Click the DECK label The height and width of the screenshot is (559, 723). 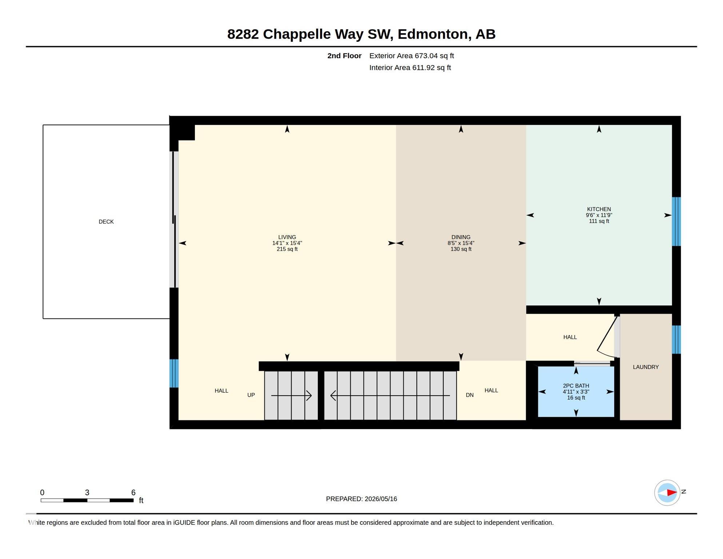106,222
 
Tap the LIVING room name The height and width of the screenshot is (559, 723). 287,237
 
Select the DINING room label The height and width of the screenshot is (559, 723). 461,237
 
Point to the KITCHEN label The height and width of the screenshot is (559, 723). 599,209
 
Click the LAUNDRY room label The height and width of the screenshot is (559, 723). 646,367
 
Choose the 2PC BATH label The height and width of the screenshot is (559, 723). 576,386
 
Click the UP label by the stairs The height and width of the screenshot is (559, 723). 251,395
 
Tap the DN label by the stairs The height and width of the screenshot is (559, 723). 470,395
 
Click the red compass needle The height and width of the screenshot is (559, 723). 672,493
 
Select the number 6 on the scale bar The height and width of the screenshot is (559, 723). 133,492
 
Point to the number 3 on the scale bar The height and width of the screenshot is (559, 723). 87,492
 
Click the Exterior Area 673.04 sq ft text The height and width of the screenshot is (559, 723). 411,56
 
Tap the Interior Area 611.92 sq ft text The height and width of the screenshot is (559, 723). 410,68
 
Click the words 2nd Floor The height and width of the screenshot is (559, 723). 344,56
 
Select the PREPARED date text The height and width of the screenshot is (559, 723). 361,499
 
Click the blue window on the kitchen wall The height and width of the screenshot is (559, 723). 676,221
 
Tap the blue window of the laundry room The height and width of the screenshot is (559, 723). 676,340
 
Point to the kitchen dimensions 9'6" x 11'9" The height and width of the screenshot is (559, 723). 599,215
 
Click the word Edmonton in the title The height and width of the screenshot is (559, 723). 432,34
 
